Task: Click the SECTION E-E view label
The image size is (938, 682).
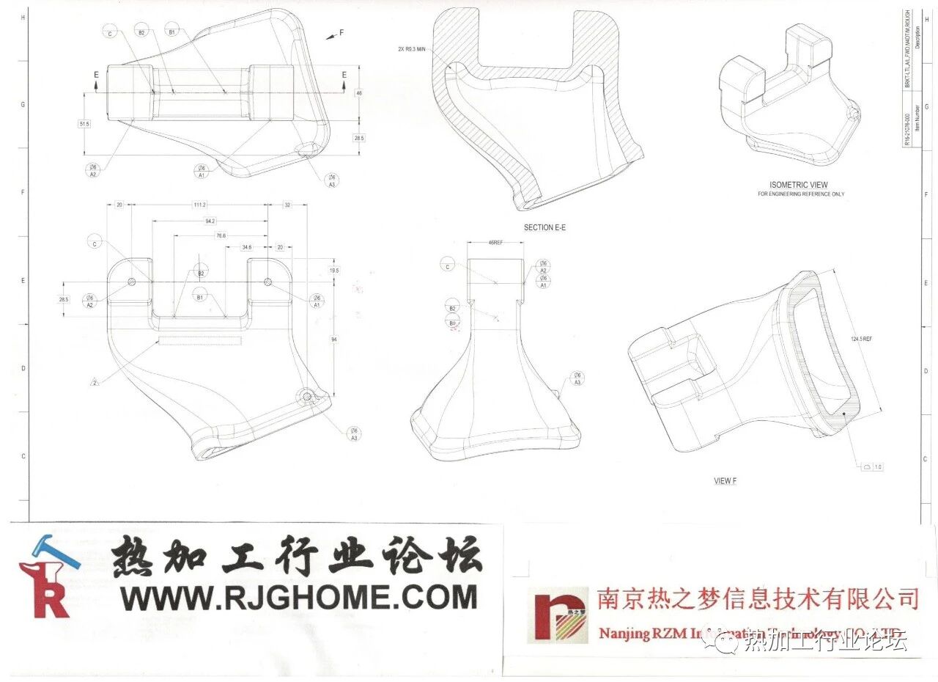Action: (544, 227)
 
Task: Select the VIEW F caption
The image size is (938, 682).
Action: (725, 481)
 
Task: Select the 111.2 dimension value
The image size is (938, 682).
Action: (199, 205)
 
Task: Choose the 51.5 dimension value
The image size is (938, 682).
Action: (84, 124)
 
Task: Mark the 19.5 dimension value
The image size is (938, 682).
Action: (334, 270)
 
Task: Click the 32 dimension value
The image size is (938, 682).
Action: (287, 205)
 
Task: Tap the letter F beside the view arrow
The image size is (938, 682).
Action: (341, 33)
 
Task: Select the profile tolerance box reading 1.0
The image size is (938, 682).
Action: (872, 466)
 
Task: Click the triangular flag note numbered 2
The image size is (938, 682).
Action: (95, 381)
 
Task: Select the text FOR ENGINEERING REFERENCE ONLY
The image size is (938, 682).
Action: (801, 194)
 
